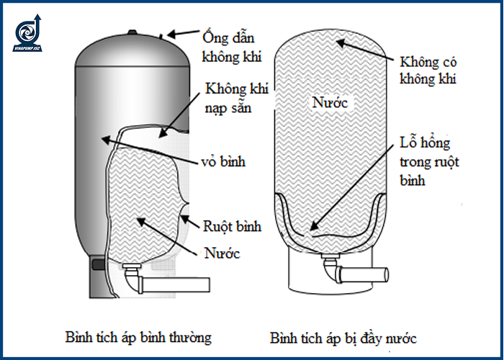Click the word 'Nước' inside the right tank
[330, 103]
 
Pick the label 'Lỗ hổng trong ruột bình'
[435, 162]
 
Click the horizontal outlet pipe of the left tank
[166, 283]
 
